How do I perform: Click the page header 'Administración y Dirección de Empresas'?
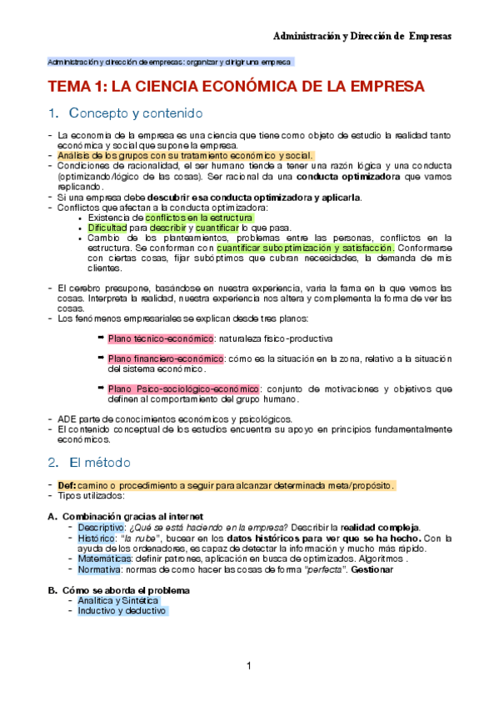pos(363,37)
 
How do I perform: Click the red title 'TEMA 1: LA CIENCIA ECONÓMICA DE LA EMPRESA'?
pos(236,87)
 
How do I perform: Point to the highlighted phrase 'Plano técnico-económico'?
pos(161,338)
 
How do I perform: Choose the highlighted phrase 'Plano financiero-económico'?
pos(166,359)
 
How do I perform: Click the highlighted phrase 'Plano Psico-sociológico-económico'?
pos(184,389)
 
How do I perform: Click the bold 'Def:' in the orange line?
pos(67,485)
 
